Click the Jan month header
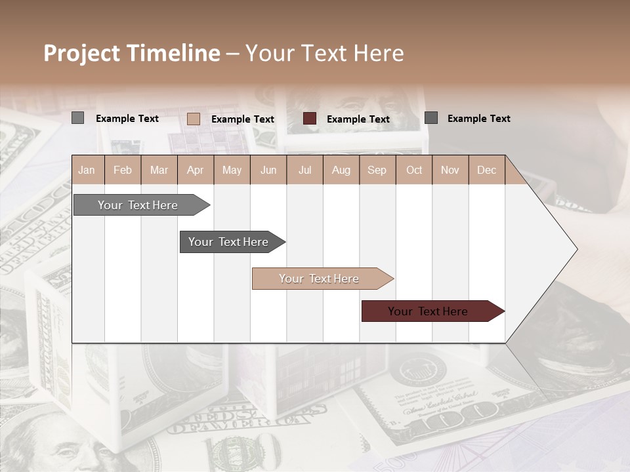(87, 170)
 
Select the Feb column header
(123, 170)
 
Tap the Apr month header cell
(195, 170)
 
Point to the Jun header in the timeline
(268, 170)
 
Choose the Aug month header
(341, 170)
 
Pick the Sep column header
(377, 170)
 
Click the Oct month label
(414, 170)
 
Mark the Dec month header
(486, 170)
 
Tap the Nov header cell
(450, 170)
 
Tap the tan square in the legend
(193, 119)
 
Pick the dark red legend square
(310, 119)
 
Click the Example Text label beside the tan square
(243, 119)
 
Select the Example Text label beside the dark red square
(358, 119)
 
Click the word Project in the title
(82, 53)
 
